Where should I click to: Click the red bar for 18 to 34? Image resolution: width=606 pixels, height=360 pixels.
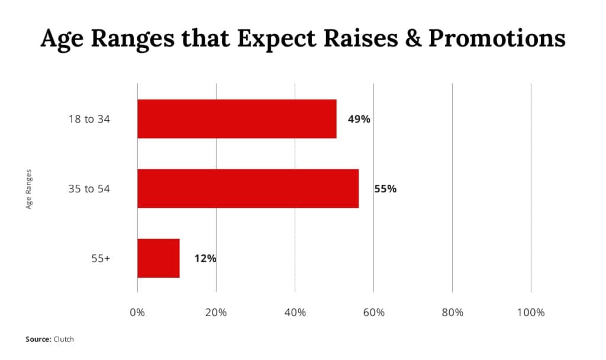tap(237, 118)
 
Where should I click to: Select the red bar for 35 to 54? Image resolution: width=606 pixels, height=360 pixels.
tap(248, 188)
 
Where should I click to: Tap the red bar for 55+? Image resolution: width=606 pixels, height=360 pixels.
tap(159, 258)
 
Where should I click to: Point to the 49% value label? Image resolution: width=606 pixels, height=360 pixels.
tap(359, 119)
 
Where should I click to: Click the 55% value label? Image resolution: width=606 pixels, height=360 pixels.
tap(385, 189)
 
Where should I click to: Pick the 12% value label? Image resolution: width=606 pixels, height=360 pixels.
tap(205, 258)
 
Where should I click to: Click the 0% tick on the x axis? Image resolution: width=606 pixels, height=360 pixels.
tap(137, 313)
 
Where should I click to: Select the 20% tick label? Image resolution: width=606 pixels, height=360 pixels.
tap(216, 313)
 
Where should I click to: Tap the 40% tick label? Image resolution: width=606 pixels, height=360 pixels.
tap(295, 313)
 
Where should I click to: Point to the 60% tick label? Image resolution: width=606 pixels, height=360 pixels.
tap(374, 313)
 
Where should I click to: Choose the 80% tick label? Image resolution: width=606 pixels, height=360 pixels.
tap(453, 313)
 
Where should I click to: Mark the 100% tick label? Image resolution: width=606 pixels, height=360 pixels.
tap(531, 313)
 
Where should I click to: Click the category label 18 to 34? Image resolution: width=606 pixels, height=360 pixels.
tap(89, 119)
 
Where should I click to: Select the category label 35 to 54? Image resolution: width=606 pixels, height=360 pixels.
tap(89, 189)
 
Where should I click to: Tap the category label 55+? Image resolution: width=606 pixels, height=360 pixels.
tap(101, 258)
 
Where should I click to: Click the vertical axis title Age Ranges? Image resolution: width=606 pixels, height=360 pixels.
tap(28, 189)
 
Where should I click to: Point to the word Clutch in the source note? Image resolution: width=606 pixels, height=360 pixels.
tap(64, 339)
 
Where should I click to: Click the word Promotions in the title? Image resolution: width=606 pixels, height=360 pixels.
tap(497, 38)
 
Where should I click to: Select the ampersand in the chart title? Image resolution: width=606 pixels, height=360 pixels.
tap(413, 38)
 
